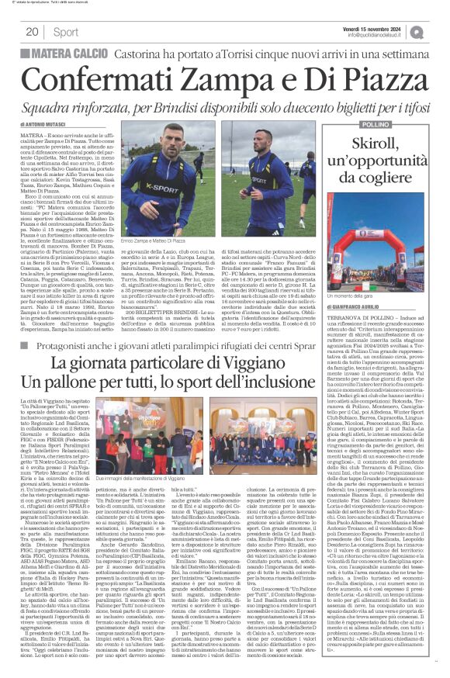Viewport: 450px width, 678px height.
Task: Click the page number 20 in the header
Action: (x=32, y=32)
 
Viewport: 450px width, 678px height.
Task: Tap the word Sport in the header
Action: (x=67, y=32)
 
